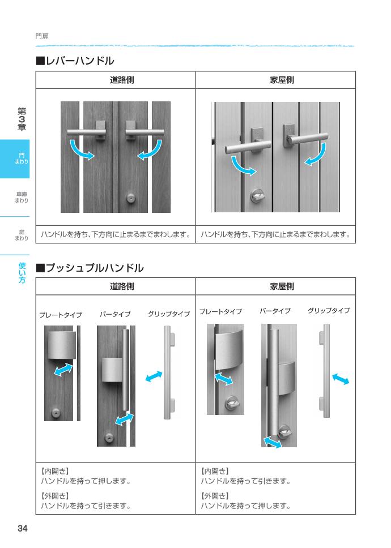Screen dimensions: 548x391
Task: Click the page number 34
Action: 22,529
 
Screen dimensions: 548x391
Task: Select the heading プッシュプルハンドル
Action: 90,267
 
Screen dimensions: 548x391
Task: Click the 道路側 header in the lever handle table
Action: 122,80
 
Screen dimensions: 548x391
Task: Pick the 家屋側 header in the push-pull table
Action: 282,286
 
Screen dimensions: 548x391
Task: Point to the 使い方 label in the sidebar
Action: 22,272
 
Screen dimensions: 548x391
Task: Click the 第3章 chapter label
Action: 22,119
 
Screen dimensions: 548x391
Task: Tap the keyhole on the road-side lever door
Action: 131,199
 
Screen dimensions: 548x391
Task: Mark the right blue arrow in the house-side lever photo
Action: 316,155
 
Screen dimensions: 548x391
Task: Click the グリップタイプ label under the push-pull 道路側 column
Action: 168,314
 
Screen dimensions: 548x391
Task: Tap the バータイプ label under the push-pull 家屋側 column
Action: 275,311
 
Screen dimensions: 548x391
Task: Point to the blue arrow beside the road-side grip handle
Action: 154,376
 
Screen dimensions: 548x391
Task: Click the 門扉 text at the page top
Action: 42,36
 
